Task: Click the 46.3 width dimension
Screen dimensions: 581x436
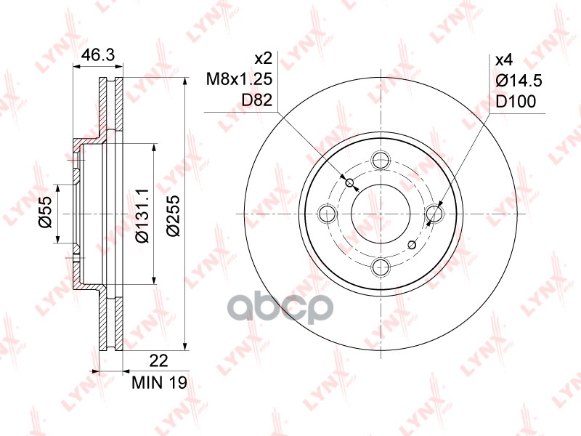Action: [98, 55]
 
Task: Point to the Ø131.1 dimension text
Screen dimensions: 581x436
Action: [142, 216]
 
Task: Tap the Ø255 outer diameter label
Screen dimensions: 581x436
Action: [173, 216]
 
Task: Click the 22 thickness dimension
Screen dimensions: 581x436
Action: [158, 360]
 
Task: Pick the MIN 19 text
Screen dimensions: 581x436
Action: [160, 383]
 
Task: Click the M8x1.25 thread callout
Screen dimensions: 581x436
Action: [239, 79]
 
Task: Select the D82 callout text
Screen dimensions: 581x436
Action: [257, 100]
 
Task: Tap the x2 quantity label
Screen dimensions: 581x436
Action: [264, 58]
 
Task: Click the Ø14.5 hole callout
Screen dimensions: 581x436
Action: [519, 81]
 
